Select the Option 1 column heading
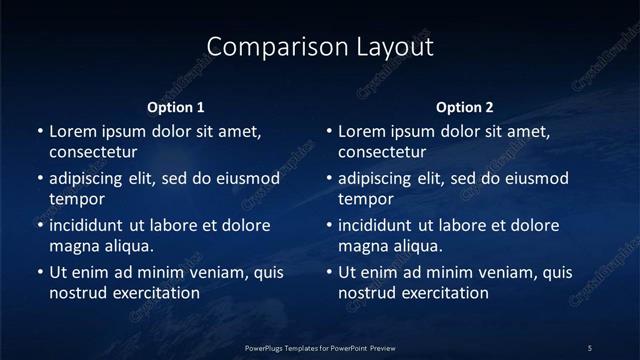[176, 107]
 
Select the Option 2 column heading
[465, 107]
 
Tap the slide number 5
[590, 347]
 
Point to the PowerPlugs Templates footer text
[320, 347]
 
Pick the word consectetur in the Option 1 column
[93, 153]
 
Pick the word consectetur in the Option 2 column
[382, 153]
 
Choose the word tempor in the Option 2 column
[366, 199]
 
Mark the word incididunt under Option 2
[378, 225]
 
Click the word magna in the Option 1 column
[73, 246]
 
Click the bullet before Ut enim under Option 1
[40, 272]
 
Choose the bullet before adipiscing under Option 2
[329, 178]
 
